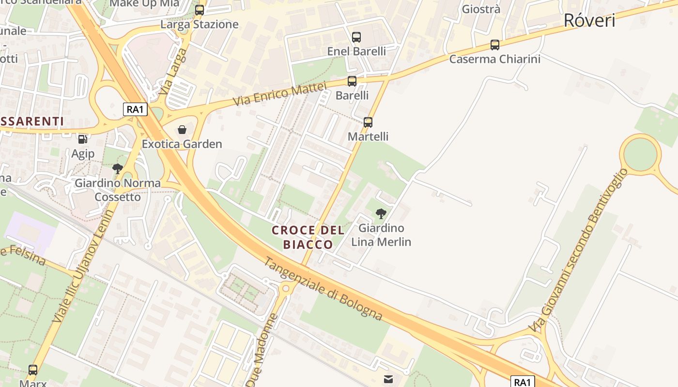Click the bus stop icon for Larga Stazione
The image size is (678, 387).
(x=200, y=10)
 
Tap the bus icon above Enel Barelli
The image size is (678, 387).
(x=356, y=37)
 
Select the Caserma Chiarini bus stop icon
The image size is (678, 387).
(x=494, y=45)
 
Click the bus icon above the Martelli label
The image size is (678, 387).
(x=368, y=122)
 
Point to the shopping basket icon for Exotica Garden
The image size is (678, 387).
(x=182, y=130)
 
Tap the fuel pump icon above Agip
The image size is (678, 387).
(x=83, y=139)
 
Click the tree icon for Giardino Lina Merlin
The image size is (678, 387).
(x=381, y=213)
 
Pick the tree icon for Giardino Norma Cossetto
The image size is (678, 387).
(x=117, y=169)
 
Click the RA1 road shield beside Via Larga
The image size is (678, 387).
(x=135, y=109)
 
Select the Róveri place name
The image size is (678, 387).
(x=589, y=20)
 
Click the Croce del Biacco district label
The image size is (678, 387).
(x=308, y=237)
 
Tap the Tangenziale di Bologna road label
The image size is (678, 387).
(x=323, y=289)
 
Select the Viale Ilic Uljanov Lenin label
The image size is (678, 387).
(x=83, y=266)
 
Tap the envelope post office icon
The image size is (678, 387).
(x=388, y=379)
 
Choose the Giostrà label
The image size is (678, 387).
(x=481, y=9)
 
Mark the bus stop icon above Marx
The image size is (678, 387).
(x=33, y=370)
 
